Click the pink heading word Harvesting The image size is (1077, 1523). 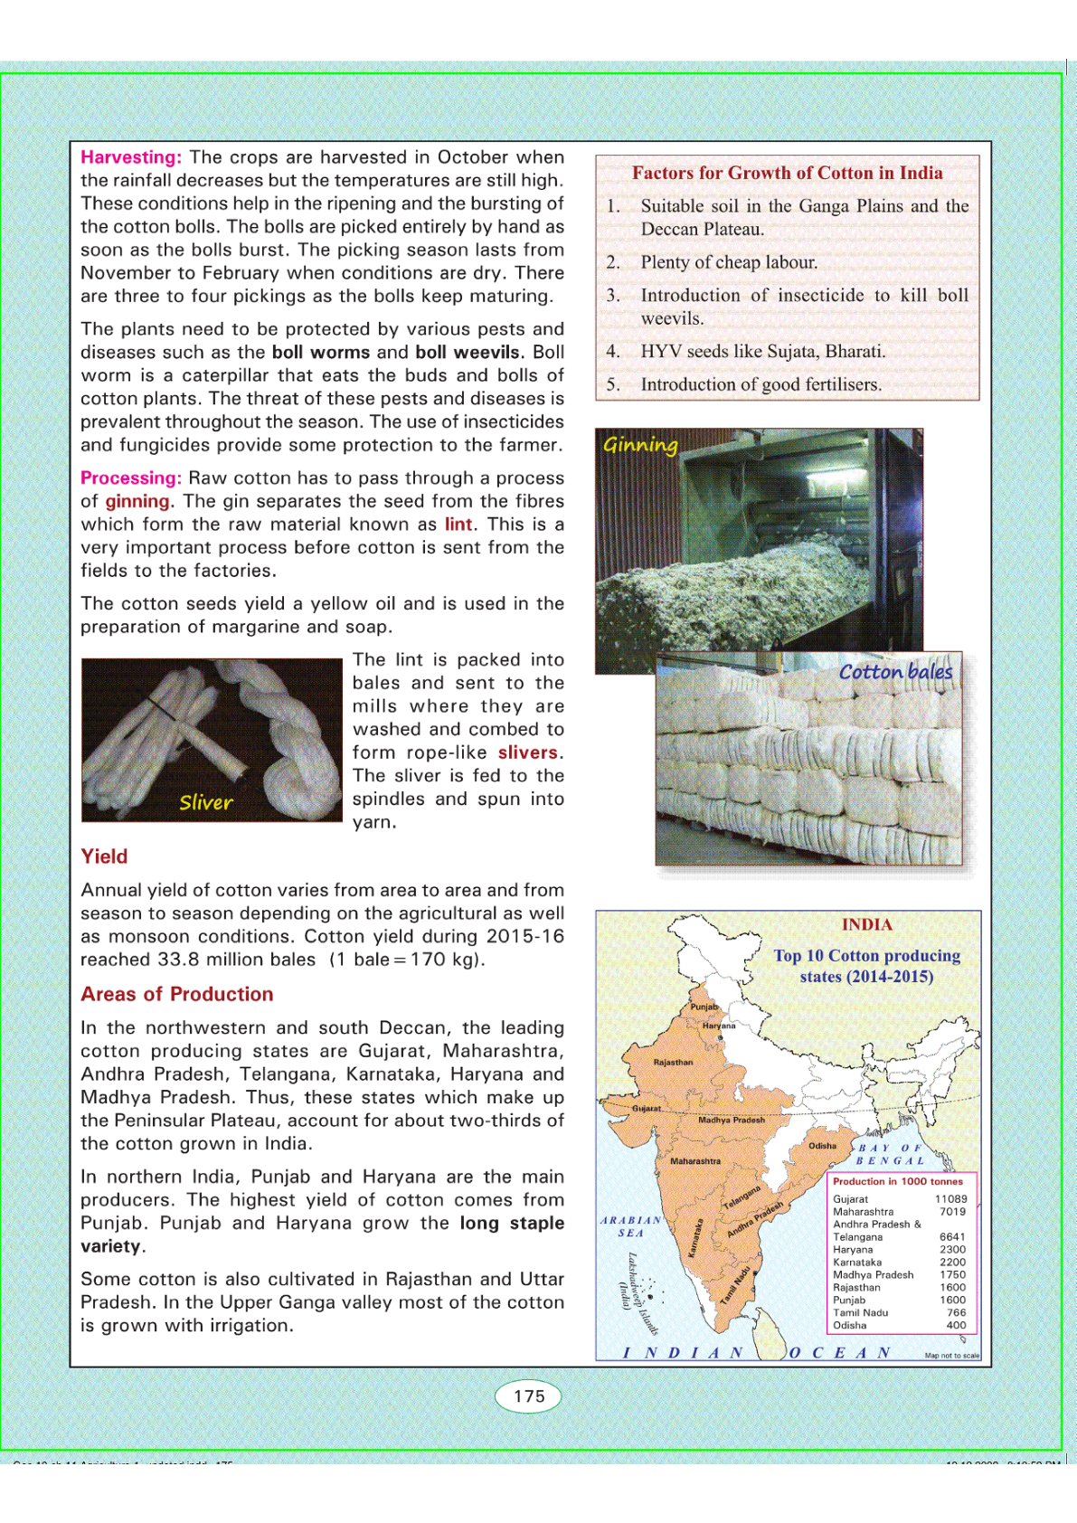(131, 157)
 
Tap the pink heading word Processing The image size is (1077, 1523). (131, 478)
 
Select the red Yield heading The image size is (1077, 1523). (104, 856)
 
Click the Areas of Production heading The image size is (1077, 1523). (177, 994)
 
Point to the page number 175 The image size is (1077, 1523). (529, 1396)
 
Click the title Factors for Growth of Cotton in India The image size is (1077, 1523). (787, 173)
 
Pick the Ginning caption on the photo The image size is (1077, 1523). (640, 445)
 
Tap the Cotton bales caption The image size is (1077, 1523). (895, 672)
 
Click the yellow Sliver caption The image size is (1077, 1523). (206, 802)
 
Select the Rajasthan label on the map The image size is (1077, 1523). (673, 1063)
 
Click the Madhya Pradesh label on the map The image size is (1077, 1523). (731, 1120)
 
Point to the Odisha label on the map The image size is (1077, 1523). (822, 1146)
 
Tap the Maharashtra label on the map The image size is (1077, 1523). (695, 1161)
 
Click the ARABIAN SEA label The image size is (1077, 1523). (631, 1226)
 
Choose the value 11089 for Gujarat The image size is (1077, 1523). (950, 1199)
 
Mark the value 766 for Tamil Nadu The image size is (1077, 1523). (956, 1312)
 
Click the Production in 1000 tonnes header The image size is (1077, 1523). (898, 1181)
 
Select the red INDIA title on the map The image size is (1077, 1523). (866, 924)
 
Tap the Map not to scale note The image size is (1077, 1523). (951, 1356)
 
